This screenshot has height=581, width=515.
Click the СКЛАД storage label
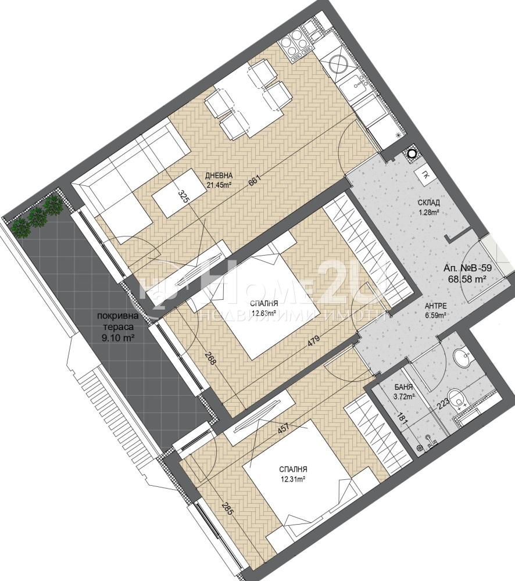click(428, 203)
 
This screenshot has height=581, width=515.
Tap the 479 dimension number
click(313, 342)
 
